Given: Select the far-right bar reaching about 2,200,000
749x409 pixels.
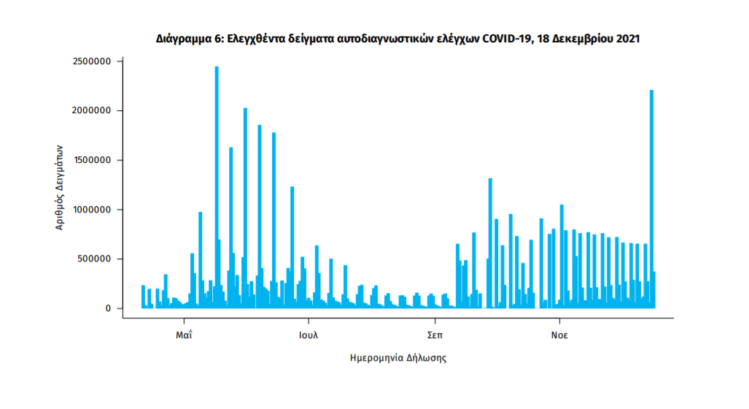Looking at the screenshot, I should tap(651, 197).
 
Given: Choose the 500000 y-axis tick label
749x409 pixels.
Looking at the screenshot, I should tap(94, 259).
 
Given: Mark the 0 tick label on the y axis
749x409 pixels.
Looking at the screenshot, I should tap(108, 308).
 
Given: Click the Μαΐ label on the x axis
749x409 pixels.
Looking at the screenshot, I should tap(184, 336).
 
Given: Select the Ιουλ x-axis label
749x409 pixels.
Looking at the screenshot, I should tap(308, 336).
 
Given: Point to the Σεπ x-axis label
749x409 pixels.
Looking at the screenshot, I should tap(435, 336).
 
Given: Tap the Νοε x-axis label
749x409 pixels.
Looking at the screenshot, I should tap(559, 336).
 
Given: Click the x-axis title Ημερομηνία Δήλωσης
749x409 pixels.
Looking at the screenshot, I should tap(398, 359).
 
